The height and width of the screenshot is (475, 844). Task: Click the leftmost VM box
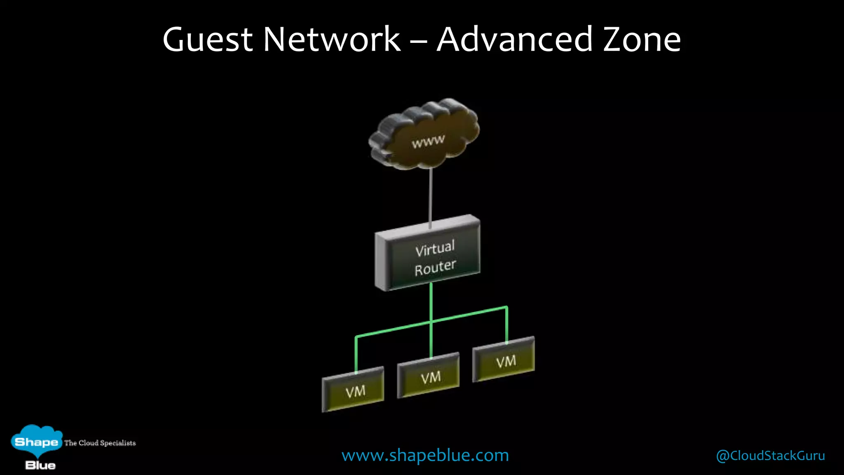pos(353,390)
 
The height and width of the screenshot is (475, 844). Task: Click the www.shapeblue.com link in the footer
pos(425,455)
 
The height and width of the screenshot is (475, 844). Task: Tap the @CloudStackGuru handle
pos(770,456)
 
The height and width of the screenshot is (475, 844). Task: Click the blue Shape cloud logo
pos(36,441)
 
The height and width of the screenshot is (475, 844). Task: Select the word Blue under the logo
pos(40,466)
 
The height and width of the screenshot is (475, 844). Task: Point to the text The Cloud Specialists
pos(100,443)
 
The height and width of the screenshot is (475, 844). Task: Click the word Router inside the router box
pos(435,267)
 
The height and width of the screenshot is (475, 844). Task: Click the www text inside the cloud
pos(428,141)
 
